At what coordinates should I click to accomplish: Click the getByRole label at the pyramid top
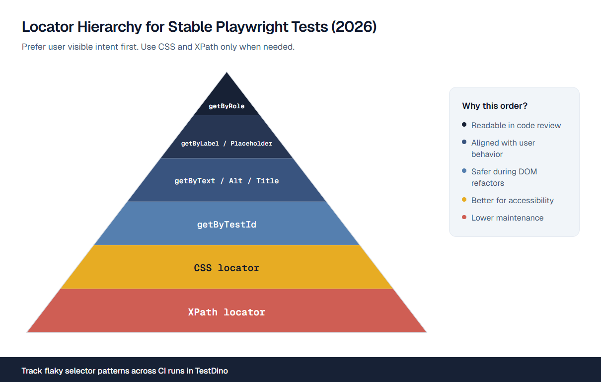(226, 106)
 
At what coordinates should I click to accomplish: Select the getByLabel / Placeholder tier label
(226, 144)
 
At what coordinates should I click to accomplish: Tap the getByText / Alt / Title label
(226, 181)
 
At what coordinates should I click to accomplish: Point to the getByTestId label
(226, 225)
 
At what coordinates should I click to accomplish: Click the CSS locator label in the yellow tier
(226, 268)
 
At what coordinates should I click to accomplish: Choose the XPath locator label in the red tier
(226, 312)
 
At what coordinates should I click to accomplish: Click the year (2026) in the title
(354, 27)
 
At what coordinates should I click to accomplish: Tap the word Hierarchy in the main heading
(109, 27)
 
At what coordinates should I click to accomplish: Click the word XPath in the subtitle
(206, 47)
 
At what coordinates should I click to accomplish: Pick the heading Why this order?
(495, 106)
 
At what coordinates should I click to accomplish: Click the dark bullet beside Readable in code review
(464, 125)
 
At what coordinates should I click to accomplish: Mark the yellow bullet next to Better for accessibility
(464, 200)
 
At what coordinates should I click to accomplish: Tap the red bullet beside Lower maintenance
(464, 217)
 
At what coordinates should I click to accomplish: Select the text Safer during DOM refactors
(504, 177)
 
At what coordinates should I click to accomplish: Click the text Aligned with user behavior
(503, 149)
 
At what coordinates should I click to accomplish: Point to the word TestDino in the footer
(212, 371)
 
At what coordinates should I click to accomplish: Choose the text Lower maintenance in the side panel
(507, 218)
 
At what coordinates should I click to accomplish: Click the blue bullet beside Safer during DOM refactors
(464, 171)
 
